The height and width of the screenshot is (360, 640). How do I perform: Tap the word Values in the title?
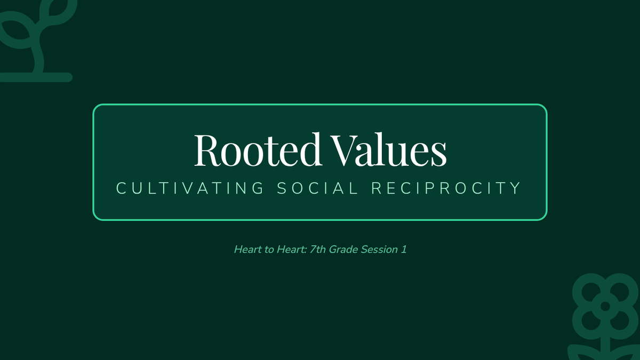point(389,149)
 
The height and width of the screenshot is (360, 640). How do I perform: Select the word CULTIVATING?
point(190,188)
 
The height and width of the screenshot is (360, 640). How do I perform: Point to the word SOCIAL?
point(317,188)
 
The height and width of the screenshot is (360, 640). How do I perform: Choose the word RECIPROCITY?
point(446,188)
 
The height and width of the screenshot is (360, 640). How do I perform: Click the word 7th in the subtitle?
point(317,250)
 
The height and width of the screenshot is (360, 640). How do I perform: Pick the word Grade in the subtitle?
point(343,250)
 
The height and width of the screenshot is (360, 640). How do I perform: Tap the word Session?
point(379,250)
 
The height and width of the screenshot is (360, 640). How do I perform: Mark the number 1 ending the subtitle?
point(404,250)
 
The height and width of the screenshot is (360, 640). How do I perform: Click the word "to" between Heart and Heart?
point(269,250)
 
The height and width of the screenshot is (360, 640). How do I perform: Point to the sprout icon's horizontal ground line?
point(36,77)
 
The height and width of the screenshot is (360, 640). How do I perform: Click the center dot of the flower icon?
point(605,306)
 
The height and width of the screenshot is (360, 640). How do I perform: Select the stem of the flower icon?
point(605,349)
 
